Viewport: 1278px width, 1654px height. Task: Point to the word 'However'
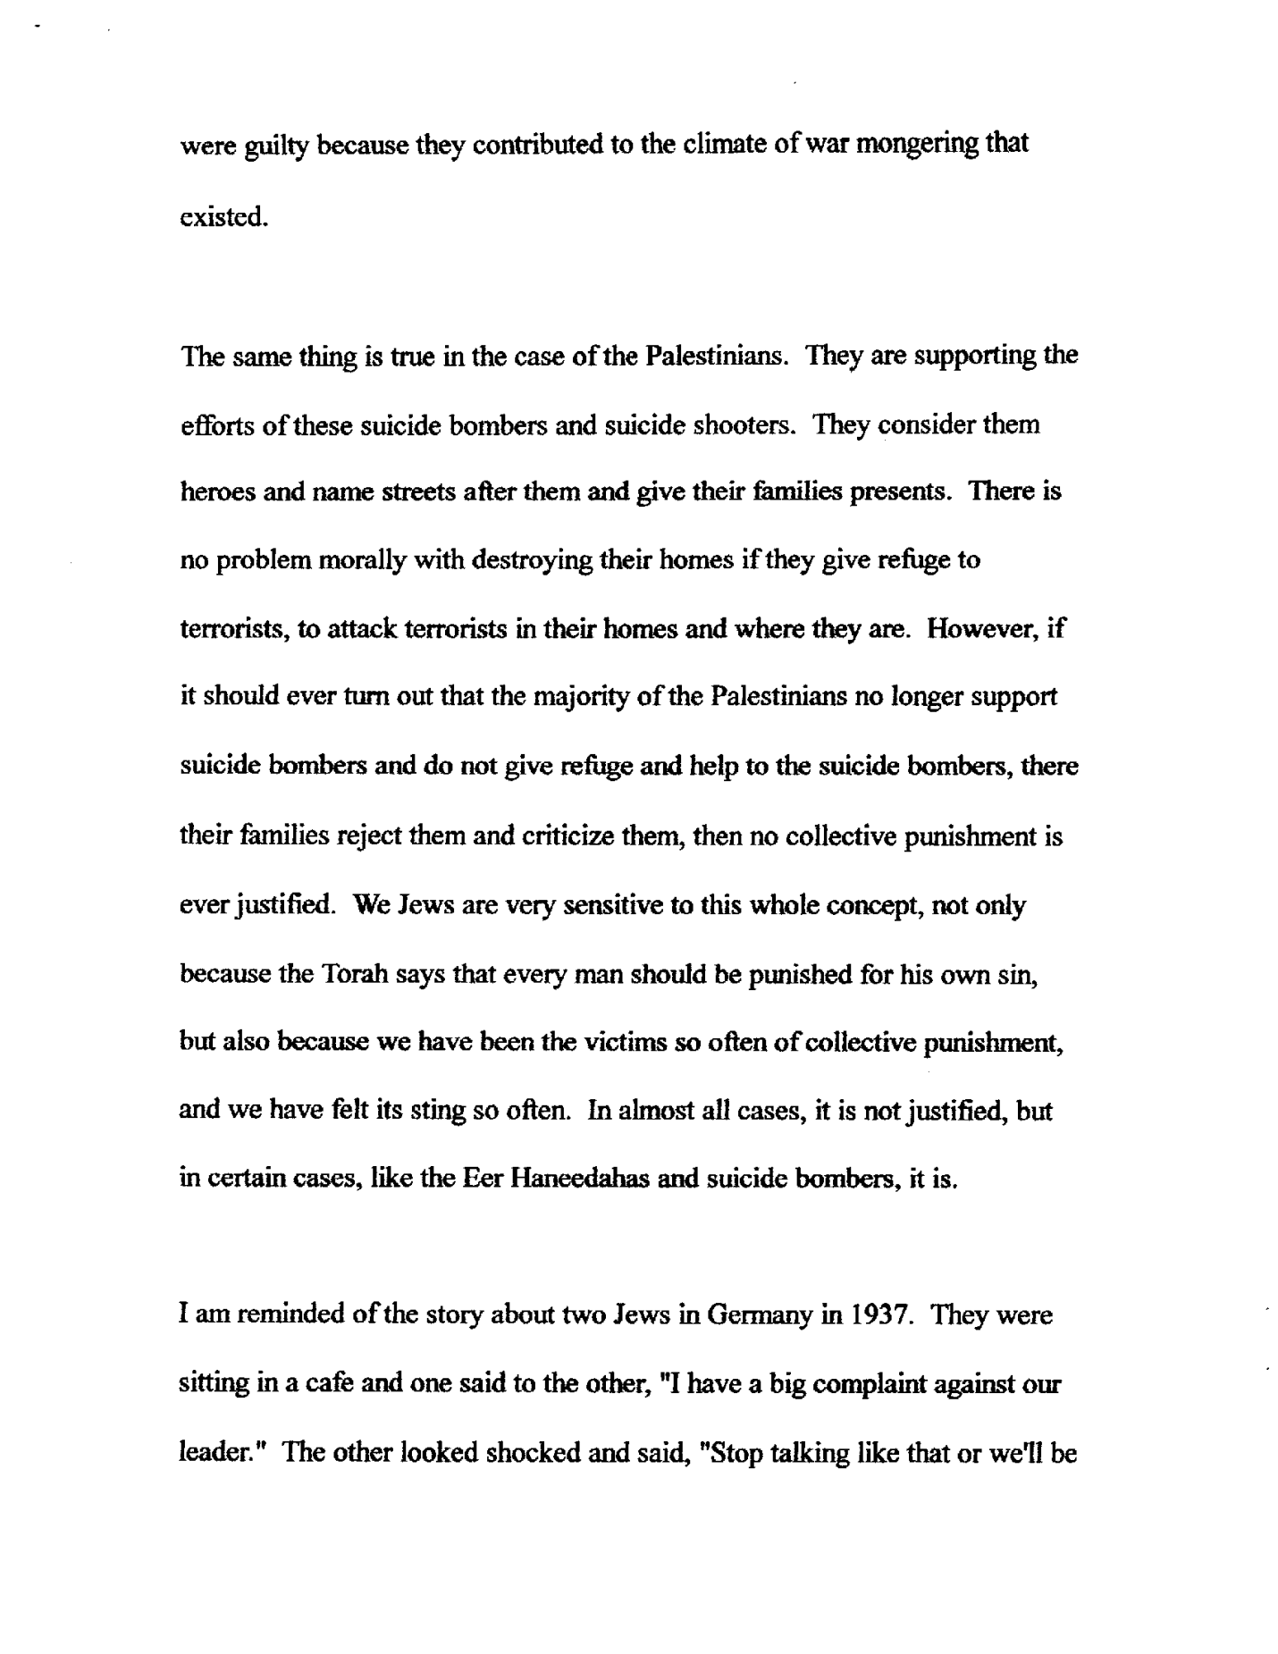tap(982, 629)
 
